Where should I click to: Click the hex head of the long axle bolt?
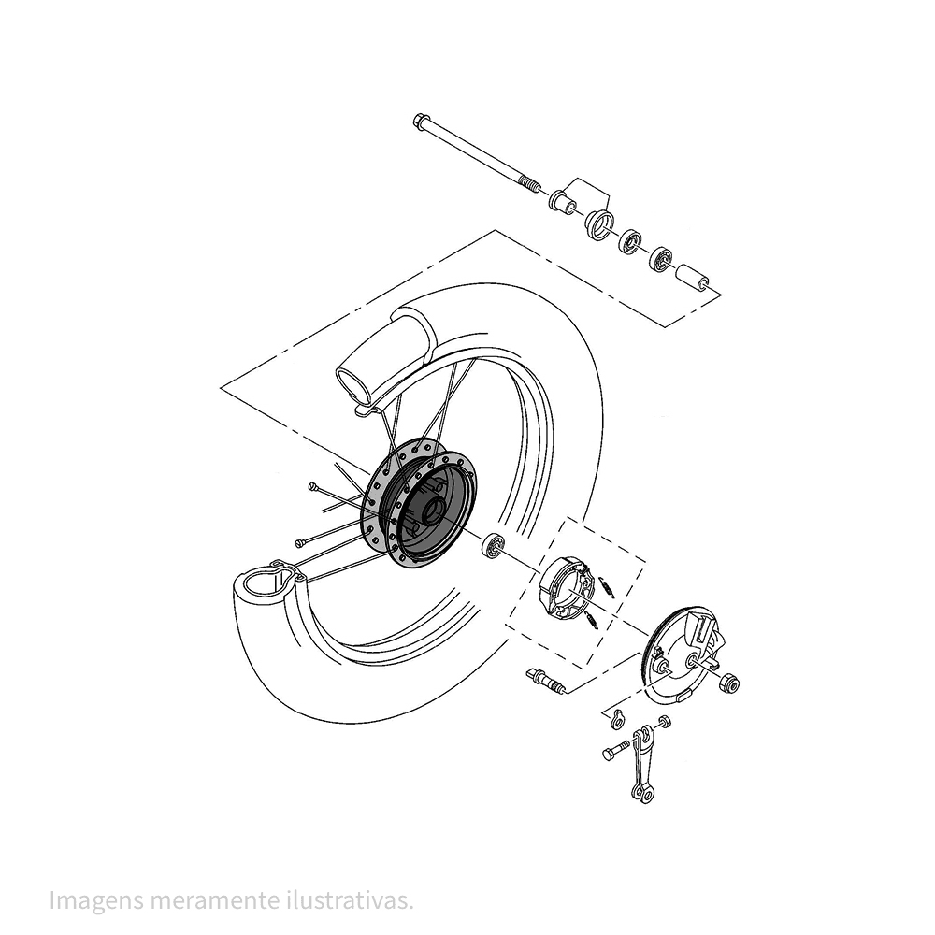pos(419,120)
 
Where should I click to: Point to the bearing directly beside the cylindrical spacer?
pos(661,259)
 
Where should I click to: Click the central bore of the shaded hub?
pos(433,511)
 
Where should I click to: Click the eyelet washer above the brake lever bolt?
pos(619,720)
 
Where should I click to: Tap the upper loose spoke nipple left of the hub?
pos(312,486)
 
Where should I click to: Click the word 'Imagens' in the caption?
pos(96,900)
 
